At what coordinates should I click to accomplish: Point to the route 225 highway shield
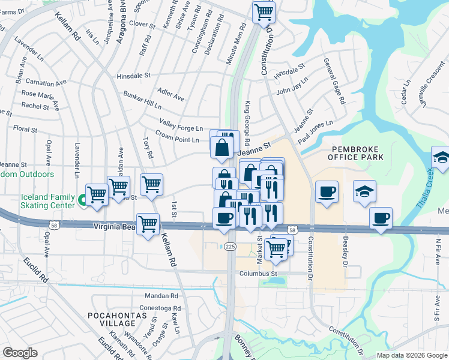[230, 246]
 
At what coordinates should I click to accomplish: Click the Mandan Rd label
[161, 296]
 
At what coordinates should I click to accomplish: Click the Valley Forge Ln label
[181, 128]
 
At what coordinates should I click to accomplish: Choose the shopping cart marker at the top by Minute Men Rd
[264, 12]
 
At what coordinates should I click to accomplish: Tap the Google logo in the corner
[20, 353]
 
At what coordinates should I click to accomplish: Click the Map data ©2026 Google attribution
[411, 355]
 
